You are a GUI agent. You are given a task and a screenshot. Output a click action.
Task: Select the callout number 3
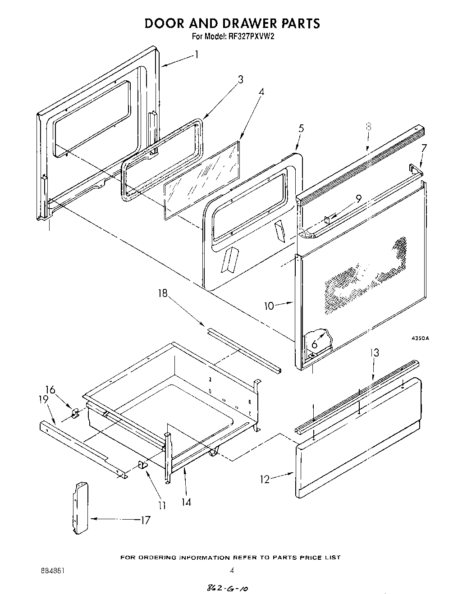point(241,80)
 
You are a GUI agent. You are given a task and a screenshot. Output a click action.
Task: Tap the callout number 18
point(162,294)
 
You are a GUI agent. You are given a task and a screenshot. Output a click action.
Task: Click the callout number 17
point(145,520)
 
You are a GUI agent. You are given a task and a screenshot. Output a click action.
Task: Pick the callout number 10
point(269,306)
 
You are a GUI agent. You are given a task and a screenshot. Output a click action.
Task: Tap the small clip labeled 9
point(328,219)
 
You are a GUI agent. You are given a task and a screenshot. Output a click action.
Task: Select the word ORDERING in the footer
point(155,558)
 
